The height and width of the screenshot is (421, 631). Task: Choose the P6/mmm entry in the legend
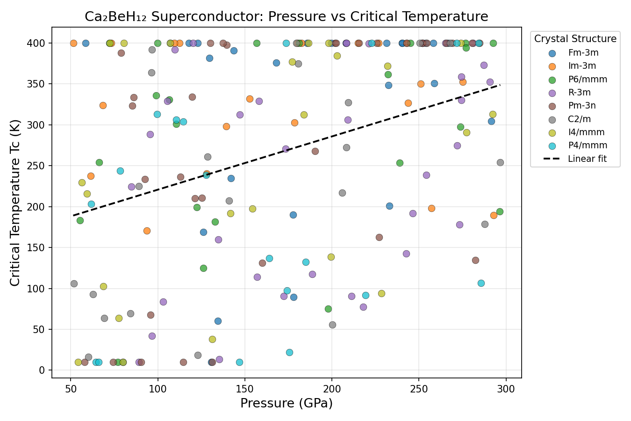pyautogui.click(x=588, y=80)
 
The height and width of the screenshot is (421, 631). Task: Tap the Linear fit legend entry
pyautogui.click(x=587, y=159)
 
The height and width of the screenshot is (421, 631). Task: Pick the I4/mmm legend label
pyautogui.click(x=586, y=132)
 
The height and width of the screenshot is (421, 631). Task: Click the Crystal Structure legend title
pyautogui.click(x=575, y=39)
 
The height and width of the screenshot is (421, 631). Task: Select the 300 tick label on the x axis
pyautogui.click(x=506, y=389)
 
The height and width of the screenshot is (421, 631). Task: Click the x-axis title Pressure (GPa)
pyautogui.click(x=287, y=403)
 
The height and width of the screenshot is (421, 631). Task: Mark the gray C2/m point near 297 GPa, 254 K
pyautogui.click(x=500, y=163)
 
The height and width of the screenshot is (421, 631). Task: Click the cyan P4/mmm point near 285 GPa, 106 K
pyautogui.click(x=481, y=283)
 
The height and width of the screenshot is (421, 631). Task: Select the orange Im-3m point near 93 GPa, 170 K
pyautogui.click(x=147, y=231)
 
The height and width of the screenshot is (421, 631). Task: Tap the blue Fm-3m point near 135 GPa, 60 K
pyautogui.click(x=218, y=321)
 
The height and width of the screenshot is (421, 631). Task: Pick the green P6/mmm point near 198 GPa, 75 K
pyautogui.click(x=328, y=309)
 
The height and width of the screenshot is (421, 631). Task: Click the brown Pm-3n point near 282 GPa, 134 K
pyautogui.click(x=475, y=260)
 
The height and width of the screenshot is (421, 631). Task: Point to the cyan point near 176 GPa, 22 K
pyautogui.click(x=289, y=352)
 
